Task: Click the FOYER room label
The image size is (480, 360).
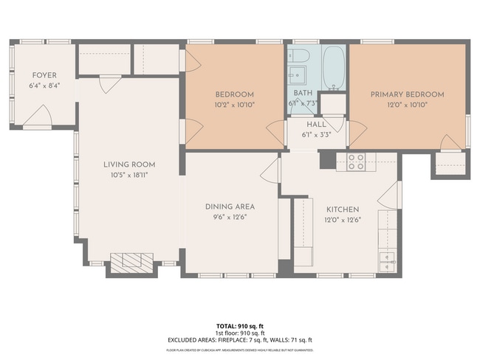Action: pos(44,75)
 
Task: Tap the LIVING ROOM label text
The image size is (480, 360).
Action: pos(129,165)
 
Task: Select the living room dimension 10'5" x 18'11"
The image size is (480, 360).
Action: pos(129,176)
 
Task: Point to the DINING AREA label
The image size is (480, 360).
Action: pos(230,207)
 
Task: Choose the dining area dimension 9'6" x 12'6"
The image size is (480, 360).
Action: pos(230,217)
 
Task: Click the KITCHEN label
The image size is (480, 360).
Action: pos(342,210)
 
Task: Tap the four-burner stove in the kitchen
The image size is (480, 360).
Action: pos(356,161)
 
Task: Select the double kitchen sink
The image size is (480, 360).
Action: pos(388,260)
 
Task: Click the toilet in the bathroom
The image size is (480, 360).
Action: pos(299,56)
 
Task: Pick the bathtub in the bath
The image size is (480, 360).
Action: pos(334,67)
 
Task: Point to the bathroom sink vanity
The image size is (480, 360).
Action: pos(298,75)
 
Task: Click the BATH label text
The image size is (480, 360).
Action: pos(303,93)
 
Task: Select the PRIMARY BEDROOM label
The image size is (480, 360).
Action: pos(407,94)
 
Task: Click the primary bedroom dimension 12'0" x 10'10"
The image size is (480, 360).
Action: pos(407,105)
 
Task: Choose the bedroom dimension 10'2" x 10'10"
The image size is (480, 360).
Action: pos(235,105)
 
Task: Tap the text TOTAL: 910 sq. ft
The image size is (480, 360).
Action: pos(239,325)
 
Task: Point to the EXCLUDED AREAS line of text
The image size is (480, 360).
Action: pos(239,339)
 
